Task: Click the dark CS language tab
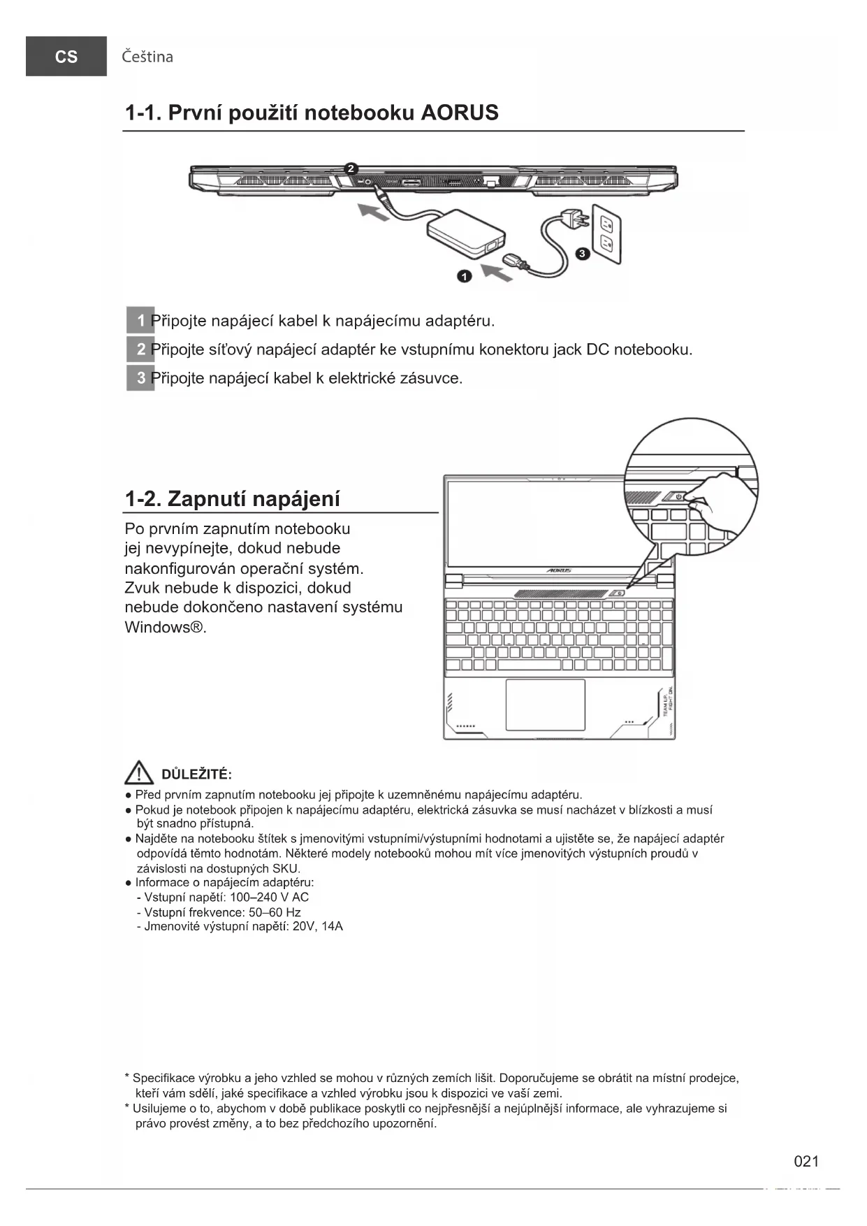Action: pyautogui.click(x=66, y=57)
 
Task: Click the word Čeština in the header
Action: pyautogui.click(x=147, y=57)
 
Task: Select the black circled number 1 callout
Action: pyautogui.click(x=465, y=276)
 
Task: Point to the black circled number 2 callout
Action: pyautogui.click(x=351, y=168)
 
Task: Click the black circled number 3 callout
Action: pyautogui.click(x=582, y=254)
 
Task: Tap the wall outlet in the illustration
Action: pyautogui.click(x=606, y=233)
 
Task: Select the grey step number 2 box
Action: pyautogui.click(x=140, y=349)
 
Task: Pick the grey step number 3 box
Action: pyautogui.click(x=140, y=378)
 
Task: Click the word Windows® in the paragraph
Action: pyautogui.click(x=165, y=627)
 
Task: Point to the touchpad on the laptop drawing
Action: pyautogui.click(x=545, y=704)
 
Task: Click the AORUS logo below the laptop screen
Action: pyautogui.click(x=559, y=570)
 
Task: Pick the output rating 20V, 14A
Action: pyautogui.click(x=318, y=927)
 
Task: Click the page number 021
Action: pyautogui.click(x=806, y=1162)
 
